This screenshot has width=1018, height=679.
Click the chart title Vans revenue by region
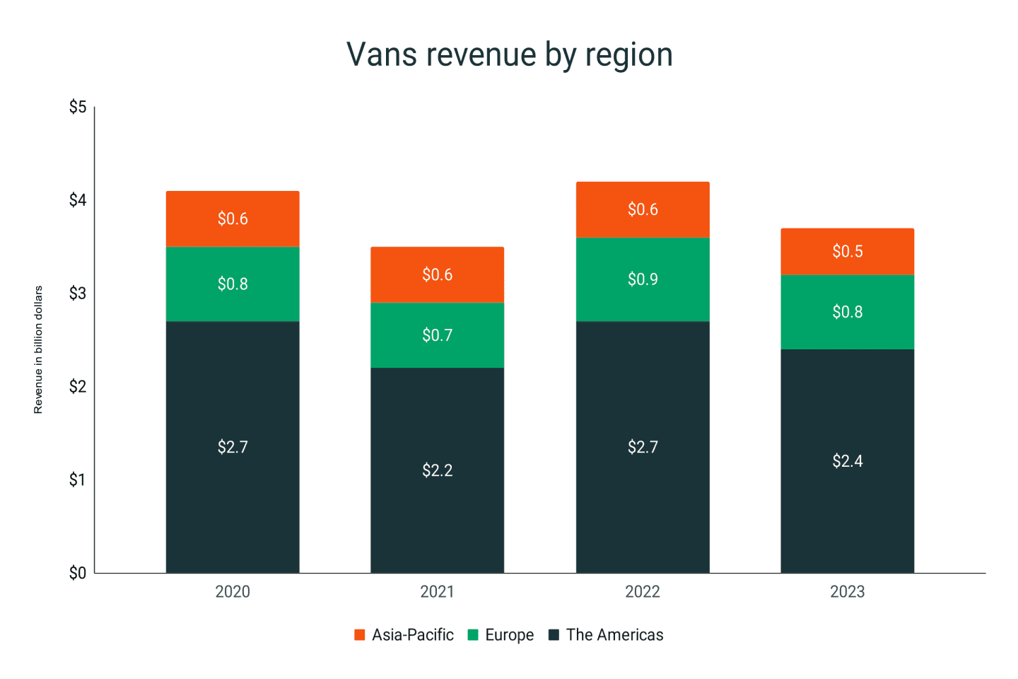coord(509,54)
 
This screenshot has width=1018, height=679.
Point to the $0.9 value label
coord(643,279)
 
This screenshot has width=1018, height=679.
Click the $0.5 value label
coord(847,252)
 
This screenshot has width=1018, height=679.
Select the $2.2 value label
coord(437,470)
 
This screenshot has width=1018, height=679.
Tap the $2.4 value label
coord(847,461)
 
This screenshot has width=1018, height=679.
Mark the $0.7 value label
coord(437,335)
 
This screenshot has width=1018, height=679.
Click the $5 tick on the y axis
coord(78,107)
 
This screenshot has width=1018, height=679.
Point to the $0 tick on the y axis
coord(78,573)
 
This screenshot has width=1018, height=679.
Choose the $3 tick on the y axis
coord(78,294)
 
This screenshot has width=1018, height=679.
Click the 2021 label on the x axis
coord(437,592)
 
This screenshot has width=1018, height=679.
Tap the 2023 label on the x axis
coord(847,592)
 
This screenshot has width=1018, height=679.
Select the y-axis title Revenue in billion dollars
coord(38,349)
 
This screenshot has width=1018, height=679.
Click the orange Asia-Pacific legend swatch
coord(360,635)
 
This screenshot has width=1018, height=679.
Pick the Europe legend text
coord(509,635)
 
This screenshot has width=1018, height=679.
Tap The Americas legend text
coord(614,635)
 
